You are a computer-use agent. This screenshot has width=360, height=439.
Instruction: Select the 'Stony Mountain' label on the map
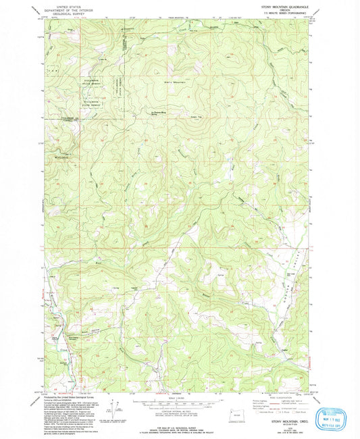(x=174, y=82)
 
